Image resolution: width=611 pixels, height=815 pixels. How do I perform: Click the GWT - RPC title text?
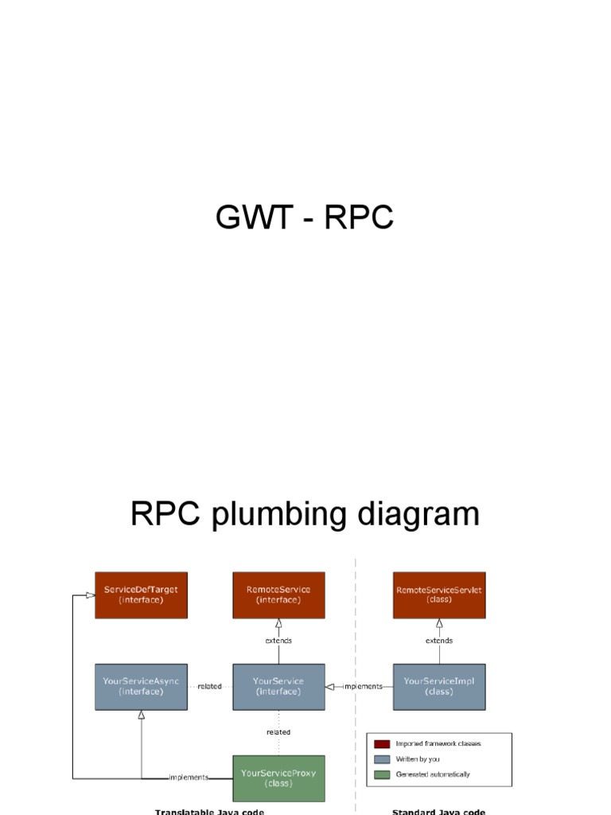click(305, 216)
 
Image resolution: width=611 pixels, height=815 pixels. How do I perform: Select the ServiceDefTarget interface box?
click(141, 595)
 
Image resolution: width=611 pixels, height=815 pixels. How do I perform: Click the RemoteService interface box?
click(278, 595)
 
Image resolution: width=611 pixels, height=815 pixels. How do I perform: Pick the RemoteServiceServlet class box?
click(439, 595)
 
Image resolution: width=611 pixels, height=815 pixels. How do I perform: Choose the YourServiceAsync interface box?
click(141, 686)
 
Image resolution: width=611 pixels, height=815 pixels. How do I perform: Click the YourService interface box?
click(278, 686)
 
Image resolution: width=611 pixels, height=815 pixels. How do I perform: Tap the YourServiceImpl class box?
click(439, 686)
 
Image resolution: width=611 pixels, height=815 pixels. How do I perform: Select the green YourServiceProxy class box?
click(278, 778)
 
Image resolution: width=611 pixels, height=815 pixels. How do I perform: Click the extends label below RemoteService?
click(278, 641)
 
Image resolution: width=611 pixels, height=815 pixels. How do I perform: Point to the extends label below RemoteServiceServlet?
click(439, 641)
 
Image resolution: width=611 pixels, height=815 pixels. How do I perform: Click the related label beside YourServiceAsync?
click(210, 686)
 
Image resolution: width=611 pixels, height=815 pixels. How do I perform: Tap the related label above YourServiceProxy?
click(278, 732)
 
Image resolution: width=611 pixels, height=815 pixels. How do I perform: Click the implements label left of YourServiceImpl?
click(363, 686)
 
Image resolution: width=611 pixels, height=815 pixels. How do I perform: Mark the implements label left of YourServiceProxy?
click(189, 778)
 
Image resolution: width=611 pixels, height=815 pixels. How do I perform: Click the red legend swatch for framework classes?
click(383, 744)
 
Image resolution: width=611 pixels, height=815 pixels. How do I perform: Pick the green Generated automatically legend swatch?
click(383, 774)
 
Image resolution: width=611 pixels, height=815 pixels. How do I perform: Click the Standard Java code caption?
click(438, 812)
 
